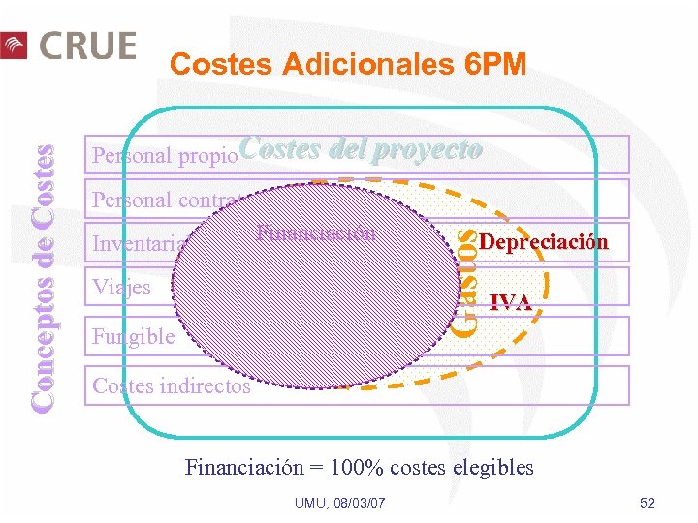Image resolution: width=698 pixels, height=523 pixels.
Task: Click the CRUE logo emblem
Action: point(14,46)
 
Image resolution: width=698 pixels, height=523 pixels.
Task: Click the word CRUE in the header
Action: point(87,45)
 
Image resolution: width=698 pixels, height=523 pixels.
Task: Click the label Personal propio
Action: point(163,155)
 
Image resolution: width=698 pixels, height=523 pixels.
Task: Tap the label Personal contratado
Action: point(170,200)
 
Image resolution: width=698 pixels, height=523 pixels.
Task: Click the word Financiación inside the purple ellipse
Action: point(316,233)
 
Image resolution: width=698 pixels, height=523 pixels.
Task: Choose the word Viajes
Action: point(121,288)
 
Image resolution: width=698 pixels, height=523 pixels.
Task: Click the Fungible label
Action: point(133,337)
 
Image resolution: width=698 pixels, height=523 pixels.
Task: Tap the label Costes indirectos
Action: point(171,386)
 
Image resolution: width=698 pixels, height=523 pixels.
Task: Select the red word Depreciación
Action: point(544,242)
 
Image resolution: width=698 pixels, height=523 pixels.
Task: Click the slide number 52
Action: point(648,503)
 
